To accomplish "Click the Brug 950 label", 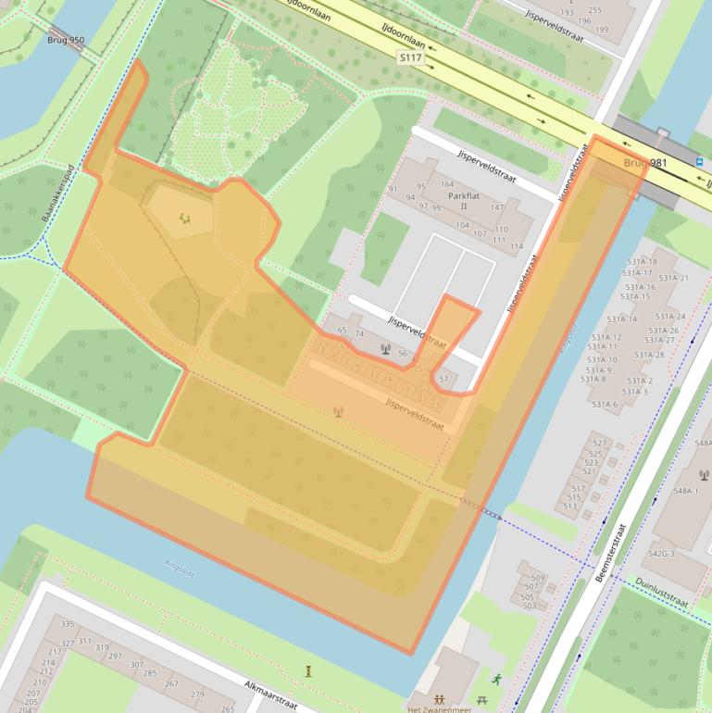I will pos(65,41).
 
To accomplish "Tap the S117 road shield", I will pos(412,58).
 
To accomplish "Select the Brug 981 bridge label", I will pos(645,163).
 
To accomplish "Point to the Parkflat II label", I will pos(463,201).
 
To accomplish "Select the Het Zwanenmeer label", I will pos(440,709).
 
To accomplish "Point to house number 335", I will pos(67,624).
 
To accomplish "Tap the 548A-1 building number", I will pos(686,491).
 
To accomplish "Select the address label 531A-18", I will pos(639,262).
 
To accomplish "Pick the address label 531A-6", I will pos(605,405).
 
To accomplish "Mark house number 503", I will pos(529,606).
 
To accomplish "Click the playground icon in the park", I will pos(185,219).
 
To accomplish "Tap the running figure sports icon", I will pos(497,679).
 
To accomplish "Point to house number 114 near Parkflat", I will pos(517,246).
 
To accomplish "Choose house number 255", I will pos(594,11).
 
